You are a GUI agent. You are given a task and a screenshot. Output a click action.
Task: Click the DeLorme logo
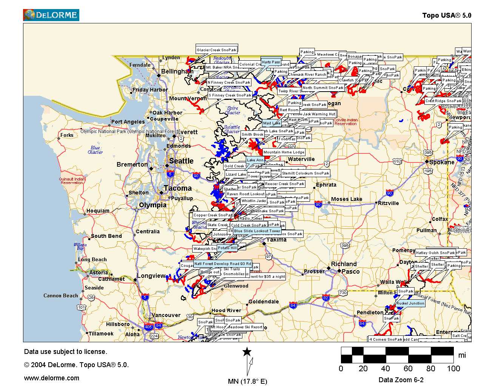tap(51, 15)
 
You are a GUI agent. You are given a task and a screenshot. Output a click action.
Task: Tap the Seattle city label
tap(181, 161)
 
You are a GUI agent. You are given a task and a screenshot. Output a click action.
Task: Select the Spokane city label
tap(442, 162)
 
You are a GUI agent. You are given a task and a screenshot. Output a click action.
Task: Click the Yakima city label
tap(276, 240)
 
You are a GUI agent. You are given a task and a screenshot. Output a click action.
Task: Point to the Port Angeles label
tap(128, 122)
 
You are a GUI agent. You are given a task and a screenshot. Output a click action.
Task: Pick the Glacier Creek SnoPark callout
tap(216, 50)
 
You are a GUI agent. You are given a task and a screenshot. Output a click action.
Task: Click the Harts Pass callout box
tap(271, 62)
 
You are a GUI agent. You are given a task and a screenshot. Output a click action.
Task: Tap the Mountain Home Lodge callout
tap(284, 152)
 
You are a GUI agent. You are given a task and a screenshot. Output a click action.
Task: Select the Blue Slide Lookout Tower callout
tap(257, 231)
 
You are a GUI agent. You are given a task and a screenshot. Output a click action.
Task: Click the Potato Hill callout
tap(227, 248)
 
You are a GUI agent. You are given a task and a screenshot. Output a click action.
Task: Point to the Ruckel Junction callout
tap(410, 303)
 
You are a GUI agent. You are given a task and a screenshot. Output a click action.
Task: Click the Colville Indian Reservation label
tap(345, 122)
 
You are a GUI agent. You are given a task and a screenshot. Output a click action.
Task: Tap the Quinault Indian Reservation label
tap(72, 181)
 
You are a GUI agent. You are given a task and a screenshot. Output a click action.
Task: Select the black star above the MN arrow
tap(247, 352)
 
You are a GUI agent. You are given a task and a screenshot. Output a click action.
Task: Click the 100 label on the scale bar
tap(453, 369)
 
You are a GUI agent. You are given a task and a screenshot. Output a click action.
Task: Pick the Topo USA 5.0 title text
tap(446, 15)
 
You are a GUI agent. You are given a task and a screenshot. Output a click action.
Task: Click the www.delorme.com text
tap(52, 378)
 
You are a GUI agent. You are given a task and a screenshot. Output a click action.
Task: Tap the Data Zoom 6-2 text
tap(401, 380)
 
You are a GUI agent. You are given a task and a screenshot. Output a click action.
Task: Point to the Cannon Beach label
tap(60, 296)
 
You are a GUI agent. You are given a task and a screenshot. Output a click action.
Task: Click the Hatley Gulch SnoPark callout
tap(435, 253)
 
